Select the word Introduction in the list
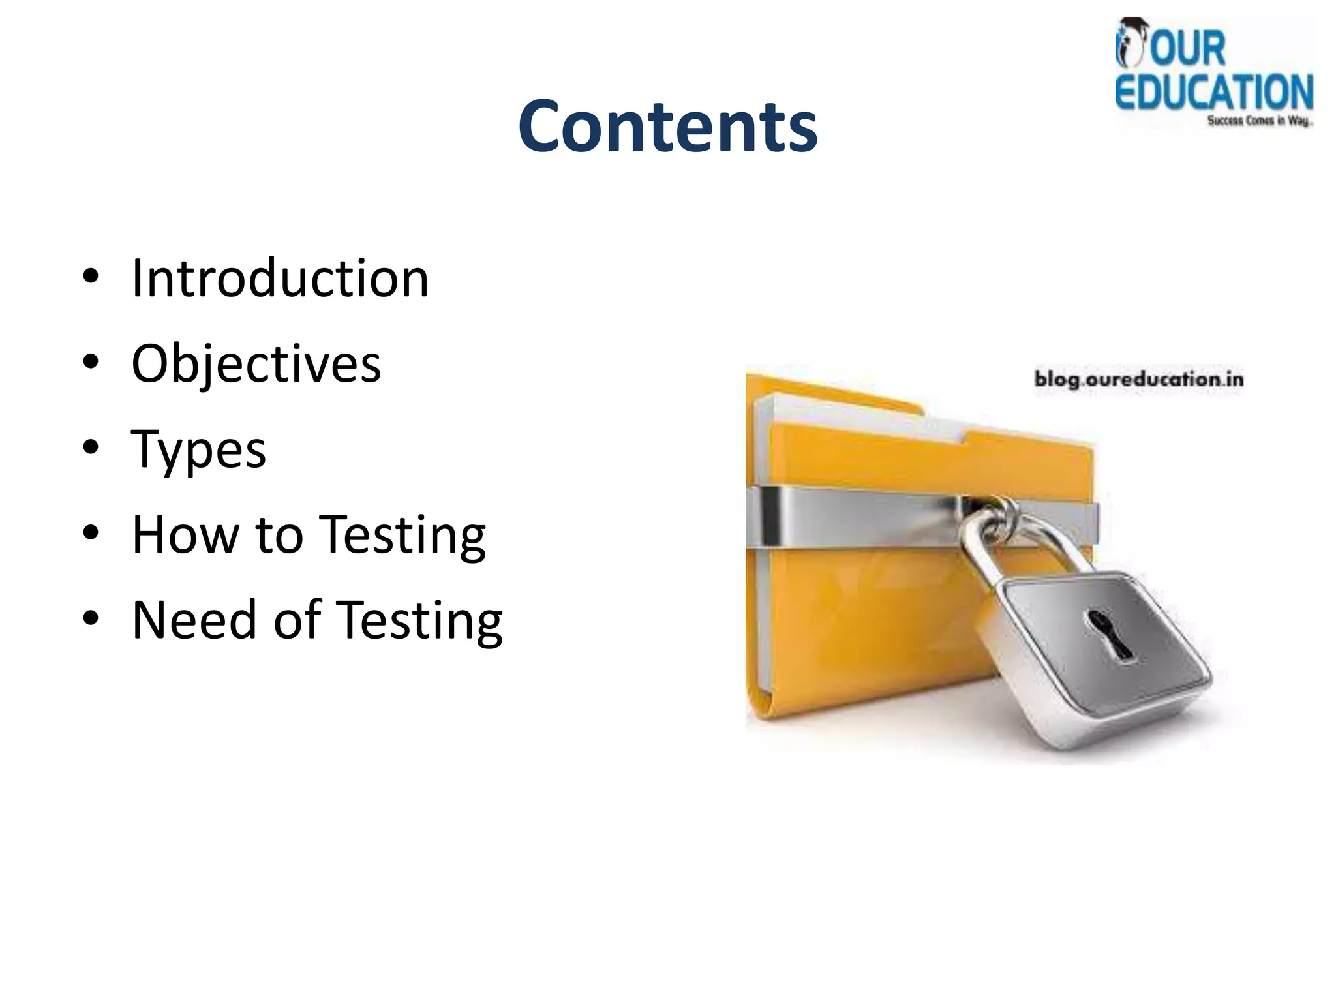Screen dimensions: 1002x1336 (x=280, y=279)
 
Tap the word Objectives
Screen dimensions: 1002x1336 (x=256, y=364)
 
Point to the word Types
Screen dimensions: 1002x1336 (x=198, y=450)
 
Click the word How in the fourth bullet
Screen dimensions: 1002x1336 (x=185, y=535)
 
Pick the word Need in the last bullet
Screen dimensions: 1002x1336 (x=194, y=620)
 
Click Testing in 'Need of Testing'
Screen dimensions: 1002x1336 (x=421, y=621)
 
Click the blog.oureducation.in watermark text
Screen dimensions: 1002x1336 (x=1138, y=379)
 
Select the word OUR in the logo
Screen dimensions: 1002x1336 (x=1187, y=49)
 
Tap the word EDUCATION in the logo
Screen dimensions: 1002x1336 (x=1213, y=92)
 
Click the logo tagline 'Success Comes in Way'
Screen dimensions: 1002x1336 (x=1258, y=121)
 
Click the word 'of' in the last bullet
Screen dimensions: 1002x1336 (x=297, y=620)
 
